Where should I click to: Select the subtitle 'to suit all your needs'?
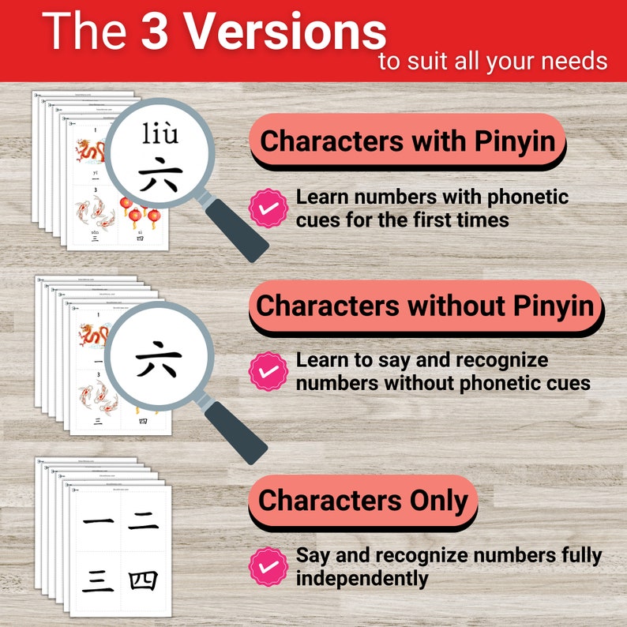click(493, 61)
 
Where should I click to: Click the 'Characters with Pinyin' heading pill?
click(407, 141)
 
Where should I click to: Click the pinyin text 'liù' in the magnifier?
click(160, 135)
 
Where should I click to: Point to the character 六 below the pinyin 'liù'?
click(160, 175)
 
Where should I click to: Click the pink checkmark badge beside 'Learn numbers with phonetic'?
click(268, 208)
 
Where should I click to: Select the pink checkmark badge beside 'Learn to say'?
click(268, 371)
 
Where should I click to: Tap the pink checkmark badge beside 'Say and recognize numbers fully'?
click(268, 566)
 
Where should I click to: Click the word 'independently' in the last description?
click(362, 578)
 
